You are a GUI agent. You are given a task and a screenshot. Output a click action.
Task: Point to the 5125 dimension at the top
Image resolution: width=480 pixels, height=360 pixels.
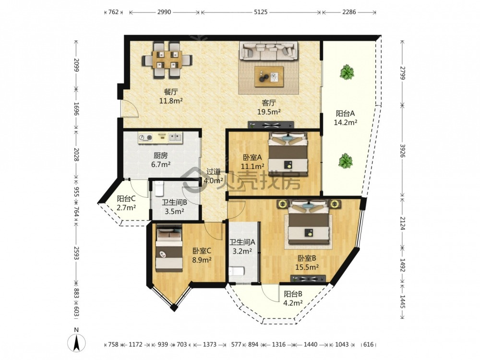[261, 12]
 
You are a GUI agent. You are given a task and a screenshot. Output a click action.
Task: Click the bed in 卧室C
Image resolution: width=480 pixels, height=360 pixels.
[169, 248]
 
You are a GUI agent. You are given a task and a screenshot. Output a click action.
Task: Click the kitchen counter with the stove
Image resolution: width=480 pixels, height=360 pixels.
[160, 138]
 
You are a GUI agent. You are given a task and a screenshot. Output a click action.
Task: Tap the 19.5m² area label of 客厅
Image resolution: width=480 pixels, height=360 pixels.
[269, 112]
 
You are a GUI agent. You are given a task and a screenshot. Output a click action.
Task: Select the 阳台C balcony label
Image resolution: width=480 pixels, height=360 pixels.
[126, 199]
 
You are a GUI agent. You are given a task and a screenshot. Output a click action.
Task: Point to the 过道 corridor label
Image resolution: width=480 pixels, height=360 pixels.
[213, 171]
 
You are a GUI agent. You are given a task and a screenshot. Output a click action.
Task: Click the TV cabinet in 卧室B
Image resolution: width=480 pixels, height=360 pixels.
[308, 279]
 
